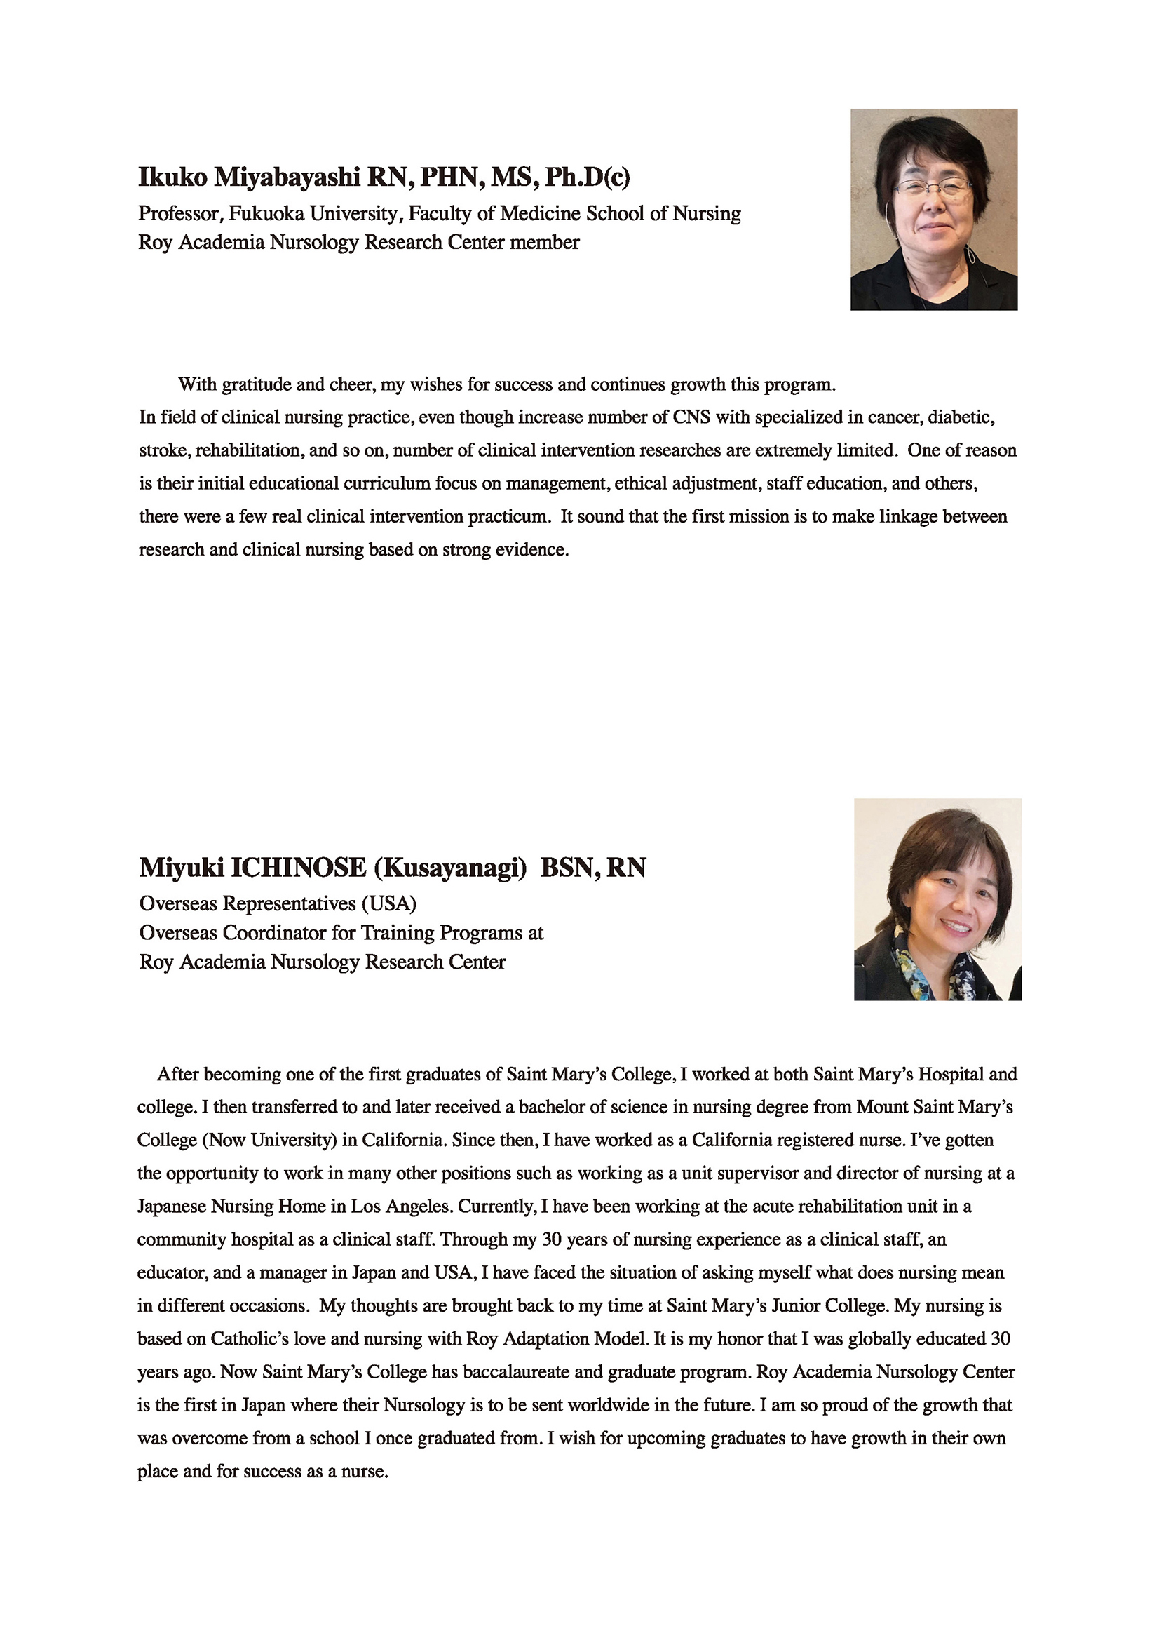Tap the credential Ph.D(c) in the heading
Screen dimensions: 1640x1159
pyautogui.click(x=587, y=177)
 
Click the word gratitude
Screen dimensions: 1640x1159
pyautogui.click(x=257, y=385)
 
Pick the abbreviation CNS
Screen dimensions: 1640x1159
pyautogui.click(x=691, y=417)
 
